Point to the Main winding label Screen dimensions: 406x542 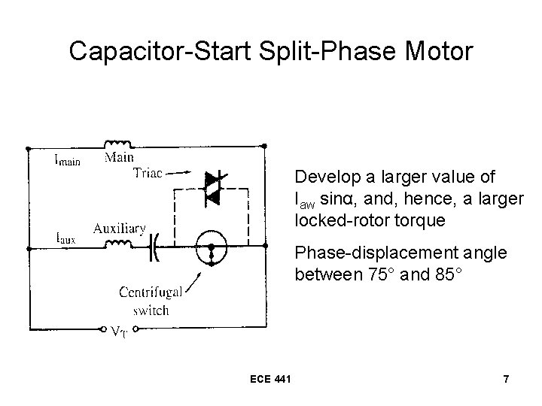[x=120, y=157]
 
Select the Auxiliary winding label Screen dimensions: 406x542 [x=120, y=227]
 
